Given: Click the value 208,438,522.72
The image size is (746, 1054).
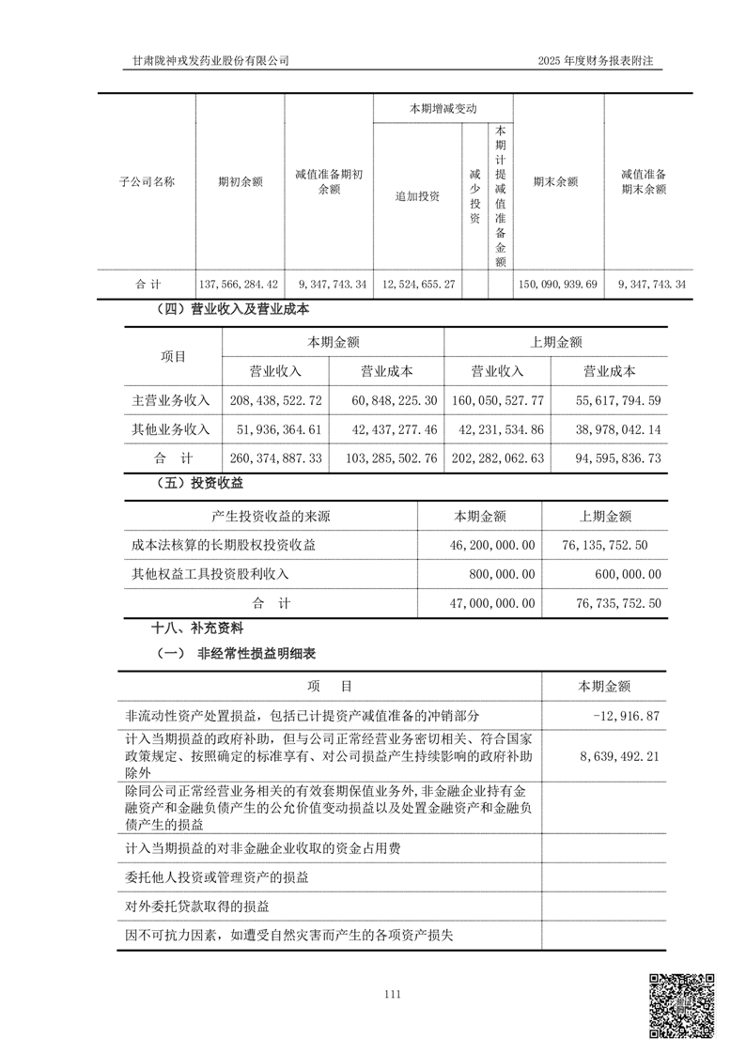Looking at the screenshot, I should (275, 400).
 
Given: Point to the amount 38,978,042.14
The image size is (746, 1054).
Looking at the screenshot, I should (609, 429).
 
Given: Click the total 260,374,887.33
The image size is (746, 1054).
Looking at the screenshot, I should (275, 458).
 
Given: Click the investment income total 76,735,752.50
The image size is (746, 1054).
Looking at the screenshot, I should (605, 603).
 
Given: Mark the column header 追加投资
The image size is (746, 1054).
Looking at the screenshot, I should (417, 196).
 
